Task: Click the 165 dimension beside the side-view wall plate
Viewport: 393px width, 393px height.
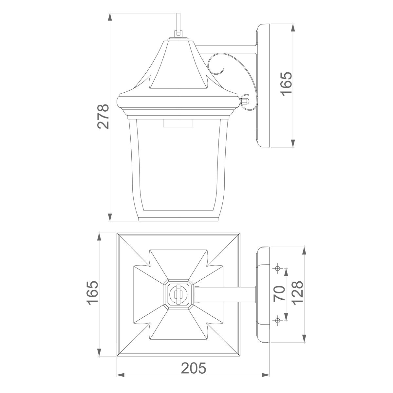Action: click(x=286, y=84)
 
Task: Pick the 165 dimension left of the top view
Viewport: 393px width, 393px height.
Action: click(x=93, y=293)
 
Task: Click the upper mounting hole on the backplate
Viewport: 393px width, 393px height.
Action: click(x=278, y=269)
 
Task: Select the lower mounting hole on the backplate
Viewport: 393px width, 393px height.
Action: click(x=278, y=320)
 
